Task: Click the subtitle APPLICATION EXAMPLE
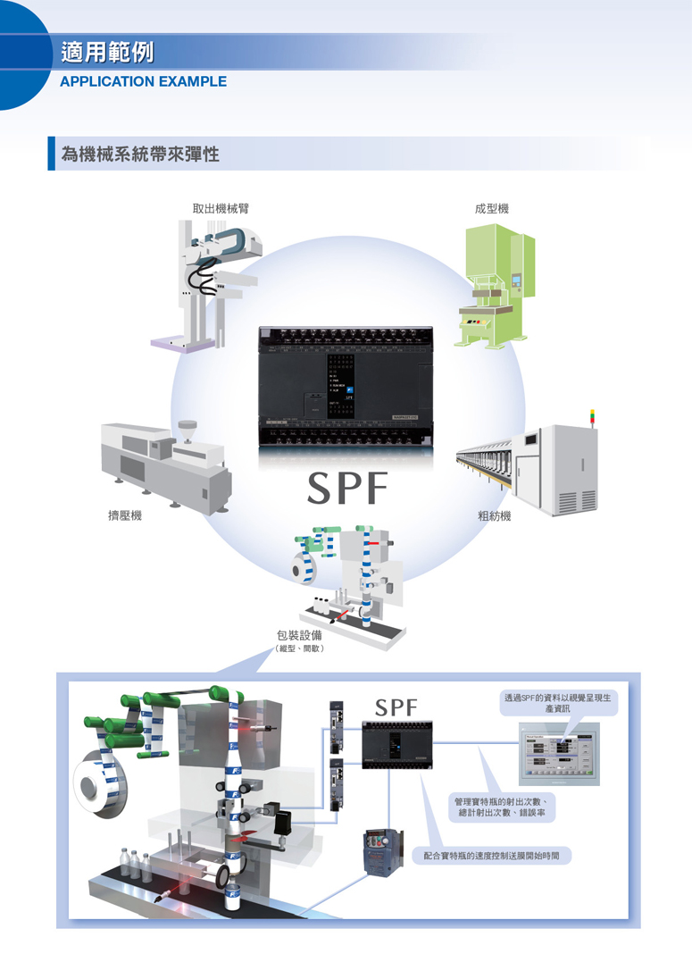[143, 81]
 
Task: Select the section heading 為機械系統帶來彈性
[140, 155]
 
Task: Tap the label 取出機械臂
[221, 208]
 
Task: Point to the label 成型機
[492, 208]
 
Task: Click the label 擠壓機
[125, 516]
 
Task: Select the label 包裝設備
[299, 635]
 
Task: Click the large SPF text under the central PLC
[347, 488]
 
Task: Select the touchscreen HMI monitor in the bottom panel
[559, 755]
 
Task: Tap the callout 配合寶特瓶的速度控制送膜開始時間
[497, 855]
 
